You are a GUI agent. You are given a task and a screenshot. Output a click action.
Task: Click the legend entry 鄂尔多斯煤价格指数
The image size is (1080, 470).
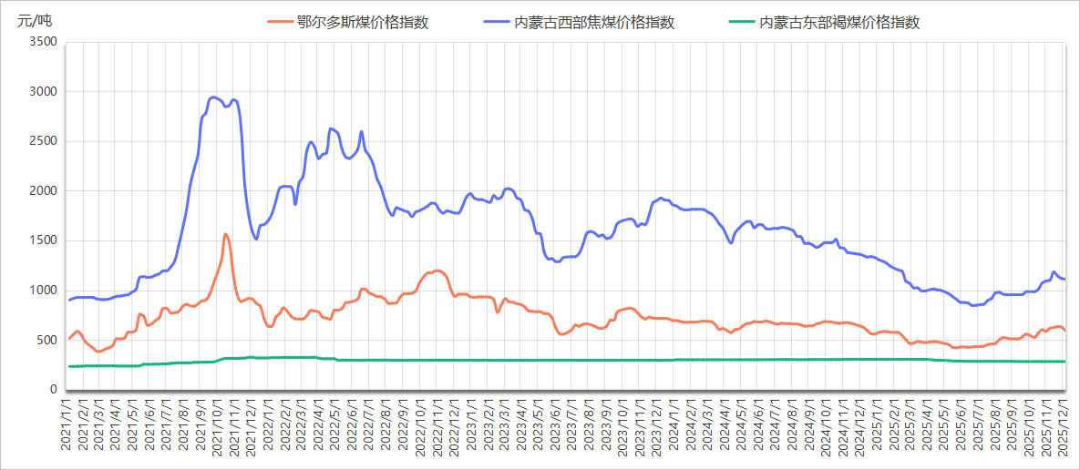click(362, 23)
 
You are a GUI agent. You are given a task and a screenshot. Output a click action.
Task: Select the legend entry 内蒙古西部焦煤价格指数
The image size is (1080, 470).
click(594, 23)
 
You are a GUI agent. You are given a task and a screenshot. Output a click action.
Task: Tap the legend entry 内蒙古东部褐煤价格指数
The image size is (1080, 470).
click(839, 23)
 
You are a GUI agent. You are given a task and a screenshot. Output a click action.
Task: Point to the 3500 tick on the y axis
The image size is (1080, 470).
click(43, 42)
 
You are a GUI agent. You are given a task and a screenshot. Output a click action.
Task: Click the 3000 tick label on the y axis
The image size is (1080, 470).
click(43, 92)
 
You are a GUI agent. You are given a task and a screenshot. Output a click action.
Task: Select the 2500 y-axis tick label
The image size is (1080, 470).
click(43, 141)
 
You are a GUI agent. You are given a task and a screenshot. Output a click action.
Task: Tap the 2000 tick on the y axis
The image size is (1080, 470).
click(43, 191)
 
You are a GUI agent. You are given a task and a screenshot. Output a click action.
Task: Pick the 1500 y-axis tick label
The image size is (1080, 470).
click(43, 240)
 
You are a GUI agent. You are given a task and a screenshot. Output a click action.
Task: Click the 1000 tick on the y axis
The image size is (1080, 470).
click(43, 291)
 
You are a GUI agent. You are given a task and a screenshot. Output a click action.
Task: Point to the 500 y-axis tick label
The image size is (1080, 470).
click(46, 341)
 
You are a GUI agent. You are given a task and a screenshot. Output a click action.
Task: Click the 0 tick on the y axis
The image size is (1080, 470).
click(53, 390)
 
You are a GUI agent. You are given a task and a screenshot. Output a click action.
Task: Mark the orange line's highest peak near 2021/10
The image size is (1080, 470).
click(225, 234)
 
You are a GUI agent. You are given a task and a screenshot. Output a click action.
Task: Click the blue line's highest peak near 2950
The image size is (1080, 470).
click(212, 97)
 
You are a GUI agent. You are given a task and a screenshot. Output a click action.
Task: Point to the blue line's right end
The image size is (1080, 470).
click(1065, 279)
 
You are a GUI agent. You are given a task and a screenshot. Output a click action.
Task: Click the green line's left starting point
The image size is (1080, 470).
click(69, 366)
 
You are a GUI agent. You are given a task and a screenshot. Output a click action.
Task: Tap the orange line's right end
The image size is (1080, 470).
click(1065, 331)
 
